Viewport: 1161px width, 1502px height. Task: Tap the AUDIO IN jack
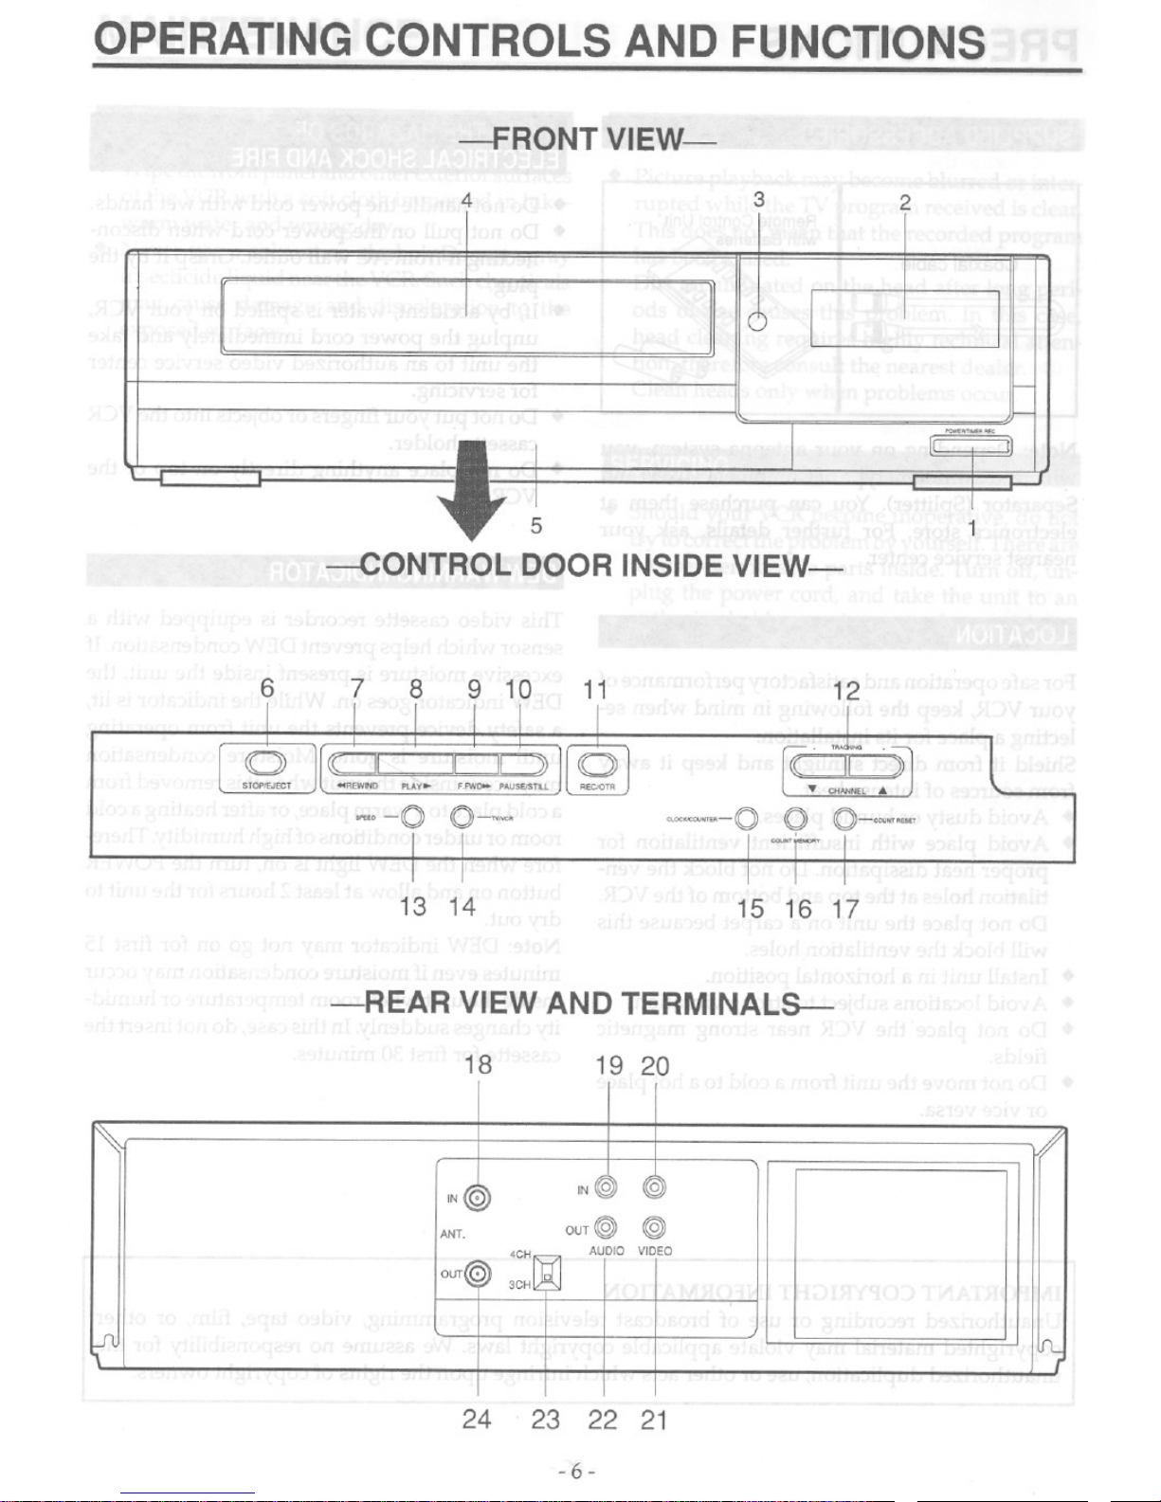point(606,1186)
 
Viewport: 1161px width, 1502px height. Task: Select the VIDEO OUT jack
point(653,1229)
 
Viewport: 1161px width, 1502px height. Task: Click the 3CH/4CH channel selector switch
point(547,1272)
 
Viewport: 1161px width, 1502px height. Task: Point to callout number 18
point(480,1065)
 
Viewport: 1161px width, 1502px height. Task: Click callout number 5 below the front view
point(536,524)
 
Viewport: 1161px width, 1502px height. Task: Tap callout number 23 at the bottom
point(545,1419)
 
